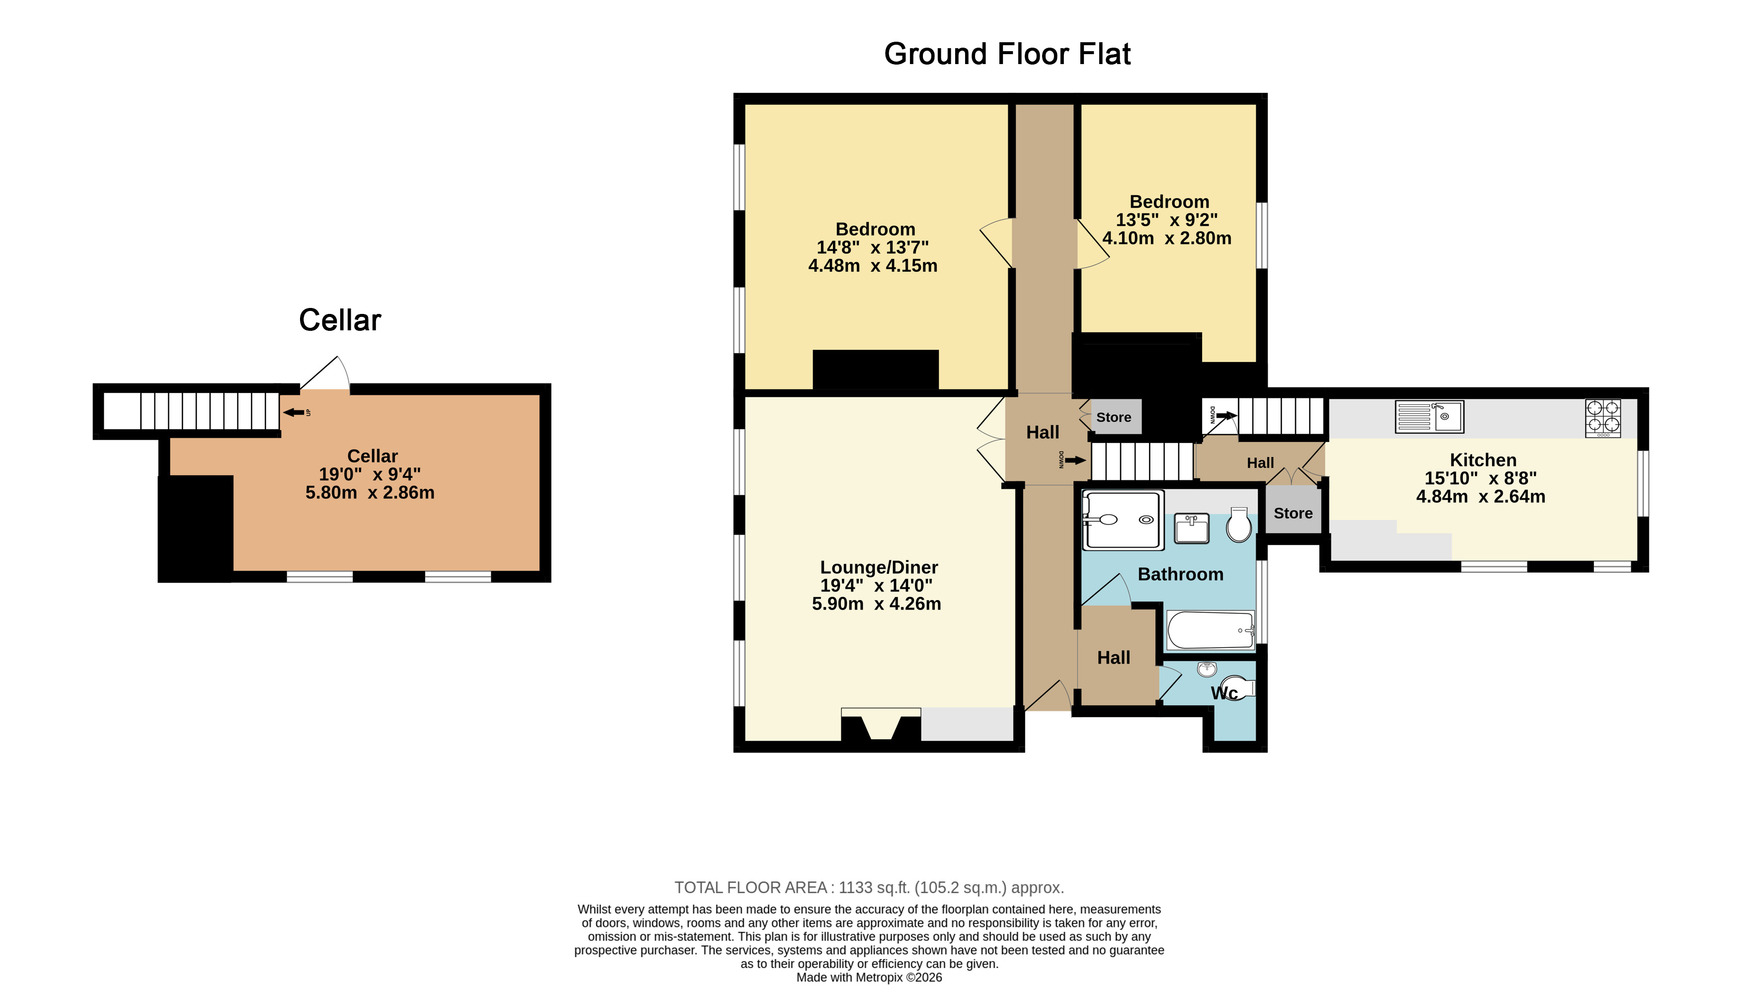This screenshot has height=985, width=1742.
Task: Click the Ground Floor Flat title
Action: point(1007,54)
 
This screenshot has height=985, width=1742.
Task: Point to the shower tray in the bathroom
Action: point(1123,520)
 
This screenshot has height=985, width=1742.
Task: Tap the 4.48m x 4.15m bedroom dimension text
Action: point(873,266)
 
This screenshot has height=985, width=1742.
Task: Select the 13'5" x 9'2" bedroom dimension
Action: point(1166,220)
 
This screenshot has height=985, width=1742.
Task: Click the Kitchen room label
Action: point(1483,460)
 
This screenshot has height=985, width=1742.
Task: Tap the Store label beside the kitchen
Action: point(1293,513)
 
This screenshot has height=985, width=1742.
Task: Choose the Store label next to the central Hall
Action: point(1114,417)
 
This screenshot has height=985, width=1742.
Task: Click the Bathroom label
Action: point(1181,574)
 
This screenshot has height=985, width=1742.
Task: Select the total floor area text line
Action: point(869,888)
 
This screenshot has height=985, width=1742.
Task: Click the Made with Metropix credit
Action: point(869,978)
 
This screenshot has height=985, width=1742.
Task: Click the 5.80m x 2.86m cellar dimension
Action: point(370,493)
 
